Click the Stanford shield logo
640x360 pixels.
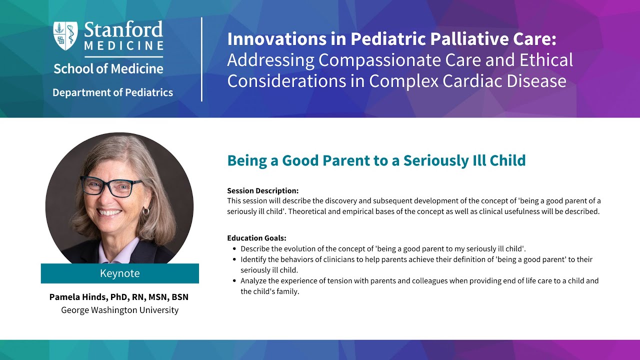click(x=66, y=34)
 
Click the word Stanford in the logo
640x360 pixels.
click(x=123, y=30)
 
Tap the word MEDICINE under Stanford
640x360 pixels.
click(x=123, y=46)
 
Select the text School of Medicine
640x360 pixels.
click(x=108, y=69)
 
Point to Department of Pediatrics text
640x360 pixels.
click(x=112, y=92)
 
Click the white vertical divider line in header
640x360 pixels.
click(x=202, y=59)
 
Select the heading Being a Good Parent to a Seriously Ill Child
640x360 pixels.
click(x=376, y=160)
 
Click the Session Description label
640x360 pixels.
click(x=262, y=190)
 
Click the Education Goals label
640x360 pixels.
click(x=256, y=238)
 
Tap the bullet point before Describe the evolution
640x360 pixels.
click(x=234, y=248)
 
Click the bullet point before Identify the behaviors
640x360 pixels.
click(x=234, y=259)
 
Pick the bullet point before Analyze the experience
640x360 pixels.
click(x=234, y=281)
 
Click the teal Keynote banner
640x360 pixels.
click(x=119, y=273)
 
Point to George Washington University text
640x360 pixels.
click(x=119, y=310)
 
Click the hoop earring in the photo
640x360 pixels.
click(x=146, y=211)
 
